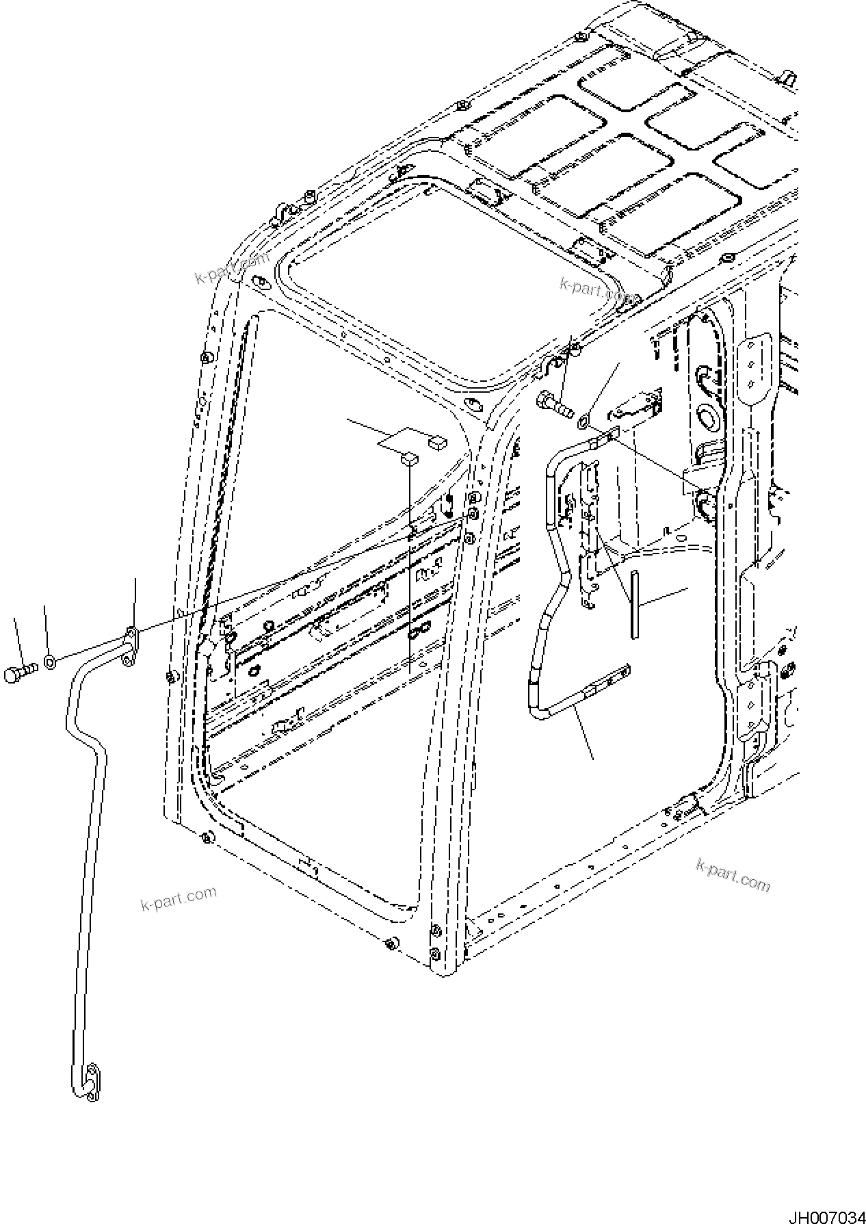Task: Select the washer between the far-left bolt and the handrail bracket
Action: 50,662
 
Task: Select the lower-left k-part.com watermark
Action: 179,897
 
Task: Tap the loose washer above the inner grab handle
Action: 583,421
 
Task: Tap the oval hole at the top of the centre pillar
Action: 471,404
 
